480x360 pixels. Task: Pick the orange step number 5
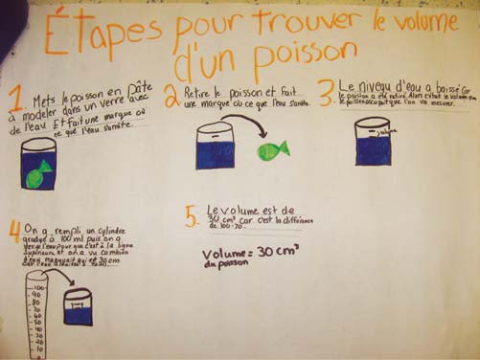193,217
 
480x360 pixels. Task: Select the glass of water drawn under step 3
373,145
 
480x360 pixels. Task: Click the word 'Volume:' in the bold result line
228,256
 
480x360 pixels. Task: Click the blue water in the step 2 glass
217,153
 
